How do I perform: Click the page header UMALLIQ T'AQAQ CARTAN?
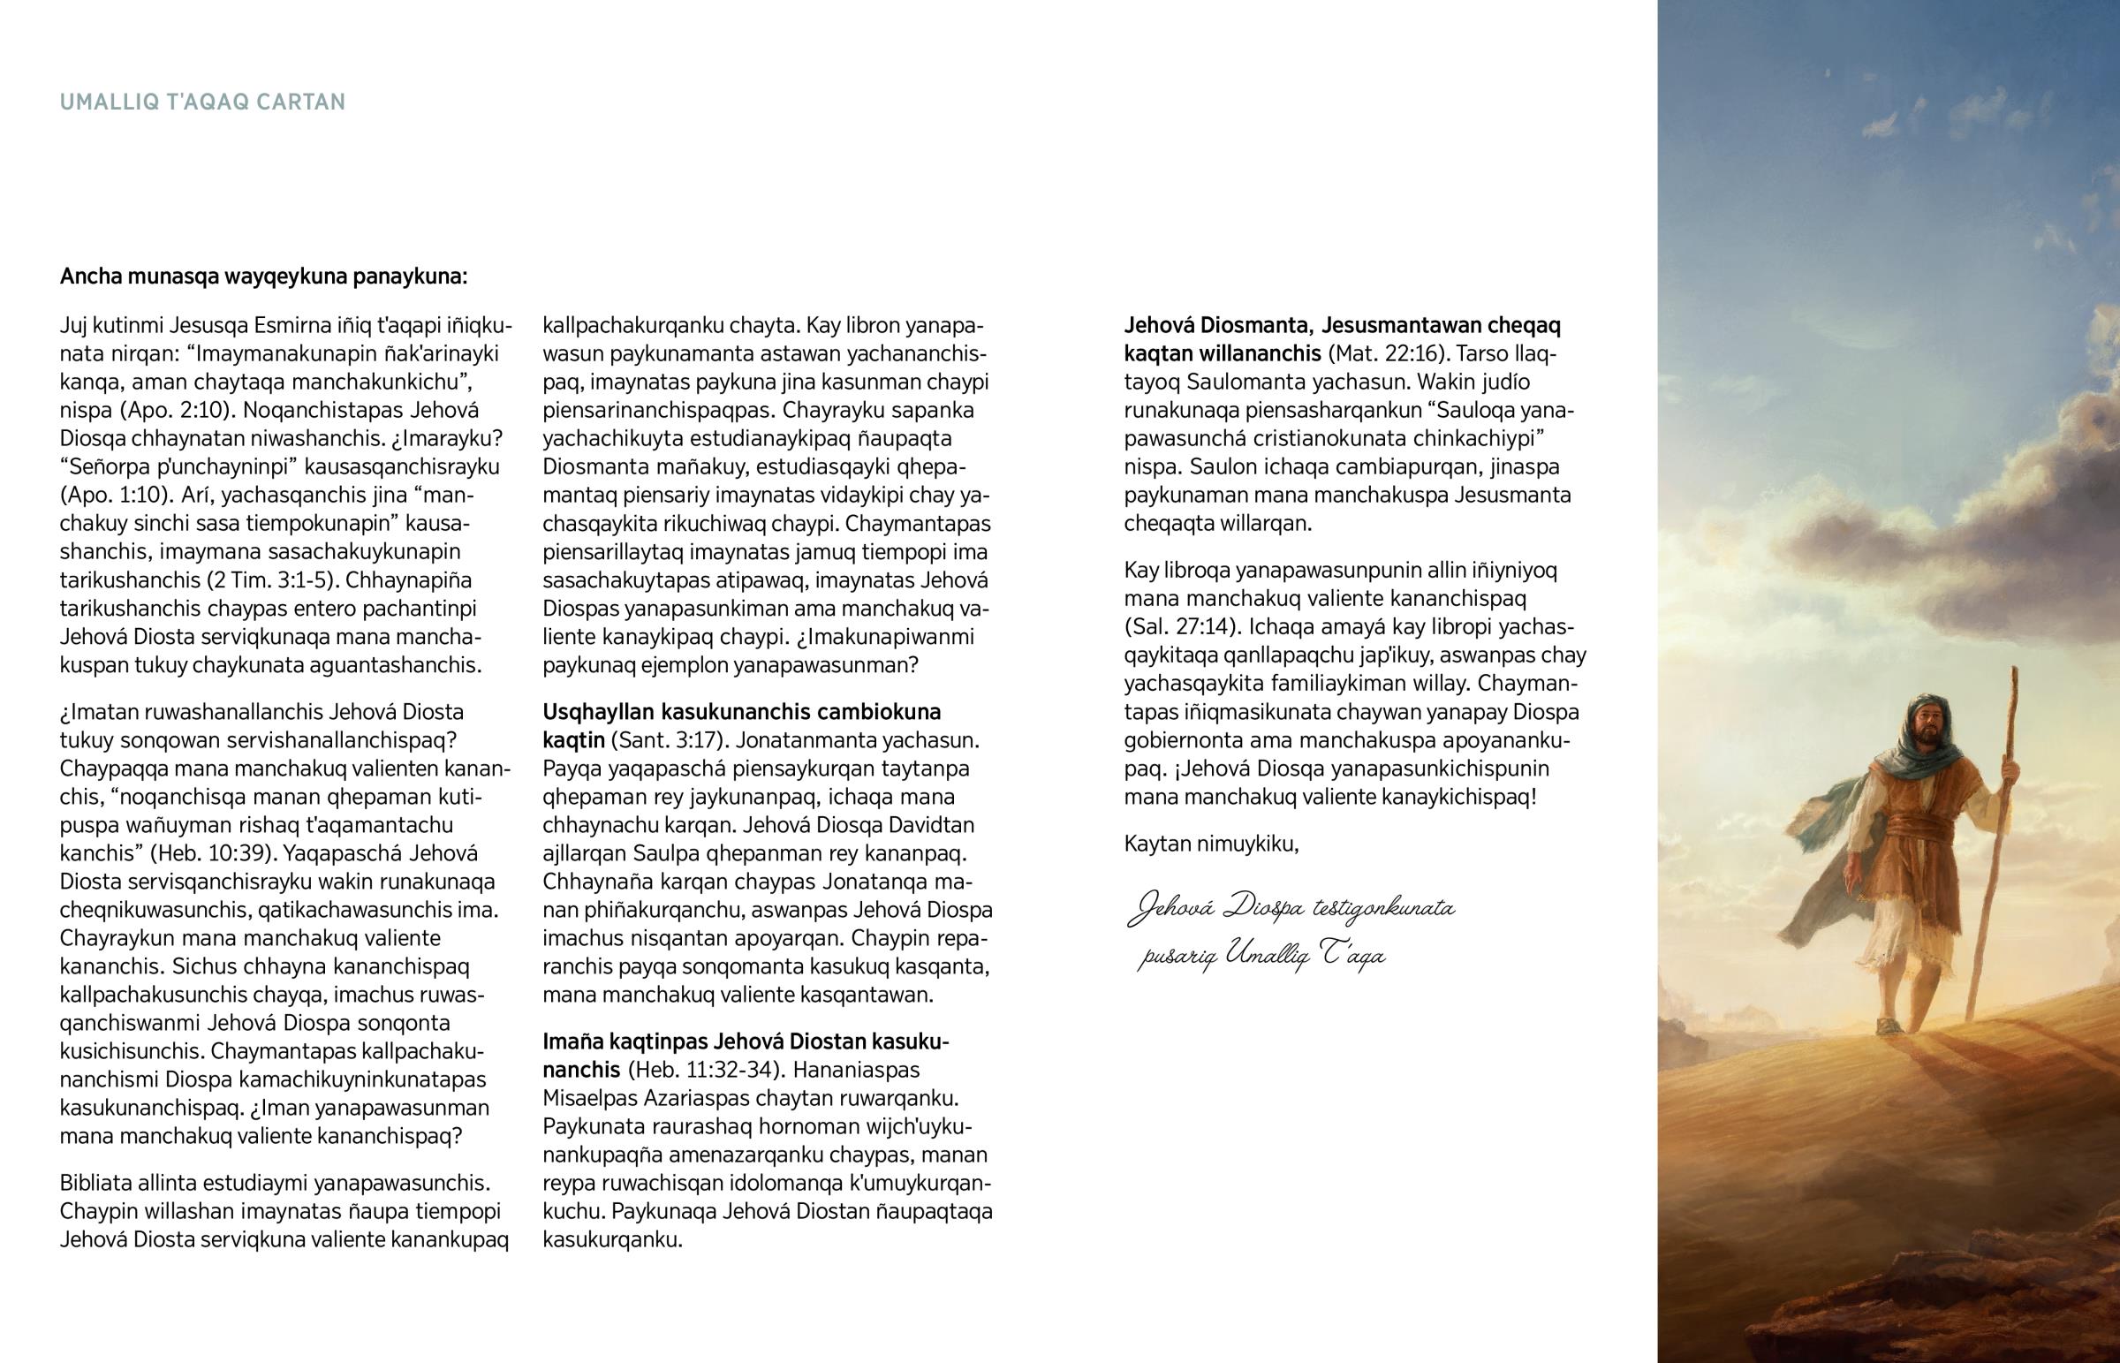202,102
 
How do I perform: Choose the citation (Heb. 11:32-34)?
704,1069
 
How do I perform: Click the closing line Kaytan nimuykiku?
1211,844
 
